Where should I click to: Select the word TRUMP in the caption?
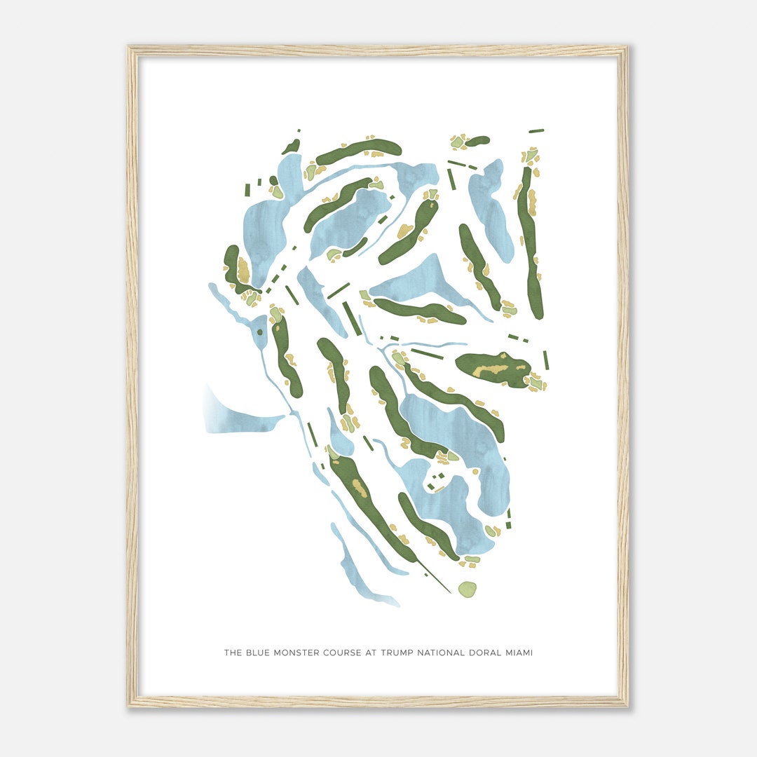[397, 653]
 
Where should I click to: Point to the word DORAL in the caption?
[484, 653]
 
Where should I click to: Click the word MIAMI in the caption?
[519, 653]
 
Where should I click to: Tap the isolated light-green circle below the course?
[467, 589]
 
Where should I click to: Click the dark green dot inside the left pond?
[259, 332]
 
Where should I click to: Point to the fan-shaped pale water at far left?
[231, 414]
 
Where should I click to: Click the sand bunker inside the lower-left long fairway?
[360, 488]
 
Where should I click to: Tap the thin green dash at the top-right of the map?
[536, 130]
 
